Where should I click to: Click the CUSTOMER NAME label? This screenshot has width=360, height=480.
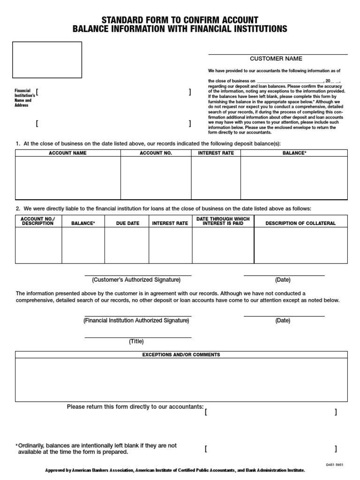[x=276, y=59]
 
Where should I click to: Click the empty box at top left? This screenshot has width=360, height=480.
[x=47, y=60]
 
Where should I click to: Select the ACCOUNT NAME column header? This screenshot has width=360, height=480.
[x=67, y=153]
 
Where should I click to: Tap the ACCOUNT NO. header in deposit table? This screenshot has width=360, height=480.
[x=156, y=153]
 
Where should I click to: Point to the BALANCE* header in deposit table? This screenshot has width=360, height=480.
[x=294, y=153]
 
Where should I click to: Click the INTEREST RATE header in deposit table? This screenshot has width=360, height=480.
[x=216, y=153]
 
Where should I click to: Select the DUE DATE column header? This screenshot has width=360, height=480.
[x=127, y=223]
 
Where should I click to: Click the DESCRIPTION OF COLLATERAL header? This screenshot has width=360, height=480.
[x=300, y=223]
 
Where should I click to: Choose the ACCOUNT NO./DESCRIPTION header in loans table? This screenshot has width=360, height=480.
[x=38, y=221]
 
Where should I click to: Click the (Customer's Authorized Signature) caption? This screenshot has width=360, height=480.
[x=136, y=280]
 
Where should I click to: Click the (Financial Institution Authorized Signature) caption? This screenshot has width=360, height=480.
[x=136, y=321]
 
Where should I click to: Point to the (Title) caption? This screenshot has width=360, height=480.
[x=136, y=341]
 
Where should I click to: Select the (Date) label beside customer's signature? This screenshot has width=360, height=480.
[x=283, y=280]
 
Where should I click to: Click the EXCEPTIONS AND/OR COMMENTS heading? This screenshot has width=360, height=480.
[x=181, y=355]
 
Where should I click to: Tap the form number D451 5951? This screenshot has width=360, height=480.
[x=335, y=465]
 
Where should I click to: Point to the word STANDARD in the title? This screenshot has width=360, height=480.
[x=123, y=20]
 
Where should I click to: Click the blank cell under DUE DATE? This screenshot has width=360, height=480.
[x=127, y=245]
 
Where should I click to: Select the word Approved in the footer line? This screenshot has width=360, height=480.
[x=55, y=470]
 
